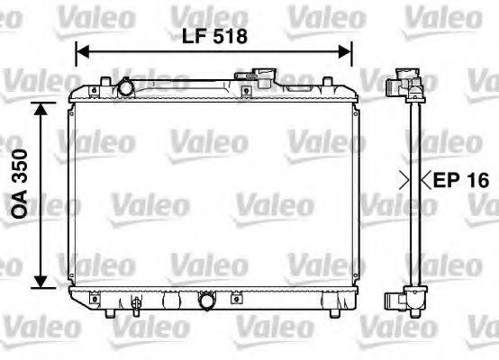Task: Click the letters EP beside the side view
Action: tap(448, 181)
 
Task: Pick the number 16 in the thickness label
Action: tap(477, 181)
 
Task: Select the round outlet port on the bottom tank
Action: tap(208, 301)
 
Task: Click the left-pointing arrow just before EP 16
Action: tap(429, 181)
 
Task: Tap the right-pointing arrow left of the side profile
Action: tap(404, 181)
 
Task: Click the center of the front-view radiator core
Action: tap(213, 193)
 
